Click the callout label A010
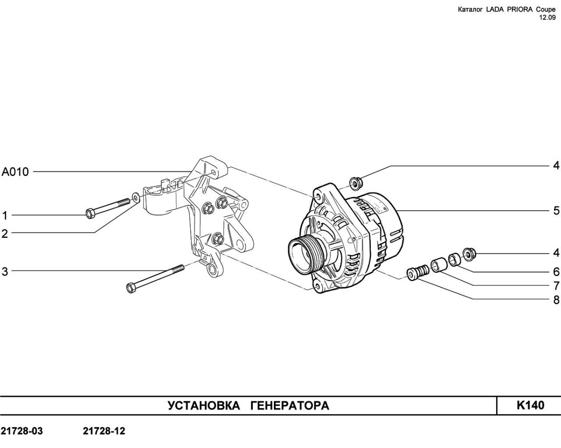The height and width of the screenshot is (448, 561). point(15,172)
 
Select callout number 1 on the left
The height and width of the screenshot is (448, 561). point(5,216)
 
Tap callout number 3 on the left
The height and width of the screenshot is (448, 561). point(5,272)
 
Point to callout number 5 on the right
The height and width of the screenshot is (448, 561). point(556,210)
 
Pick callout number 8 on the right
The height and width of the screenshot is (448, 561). point(556,300)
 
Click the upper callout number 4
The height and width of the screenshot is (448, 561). point(556,165)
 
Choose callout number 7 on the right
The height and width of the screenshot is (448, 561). point(556,286)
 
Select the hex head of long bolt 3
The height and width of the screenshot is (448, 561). point(131,287)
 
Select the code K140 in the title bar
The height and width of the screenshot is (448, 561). point(530,405)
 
